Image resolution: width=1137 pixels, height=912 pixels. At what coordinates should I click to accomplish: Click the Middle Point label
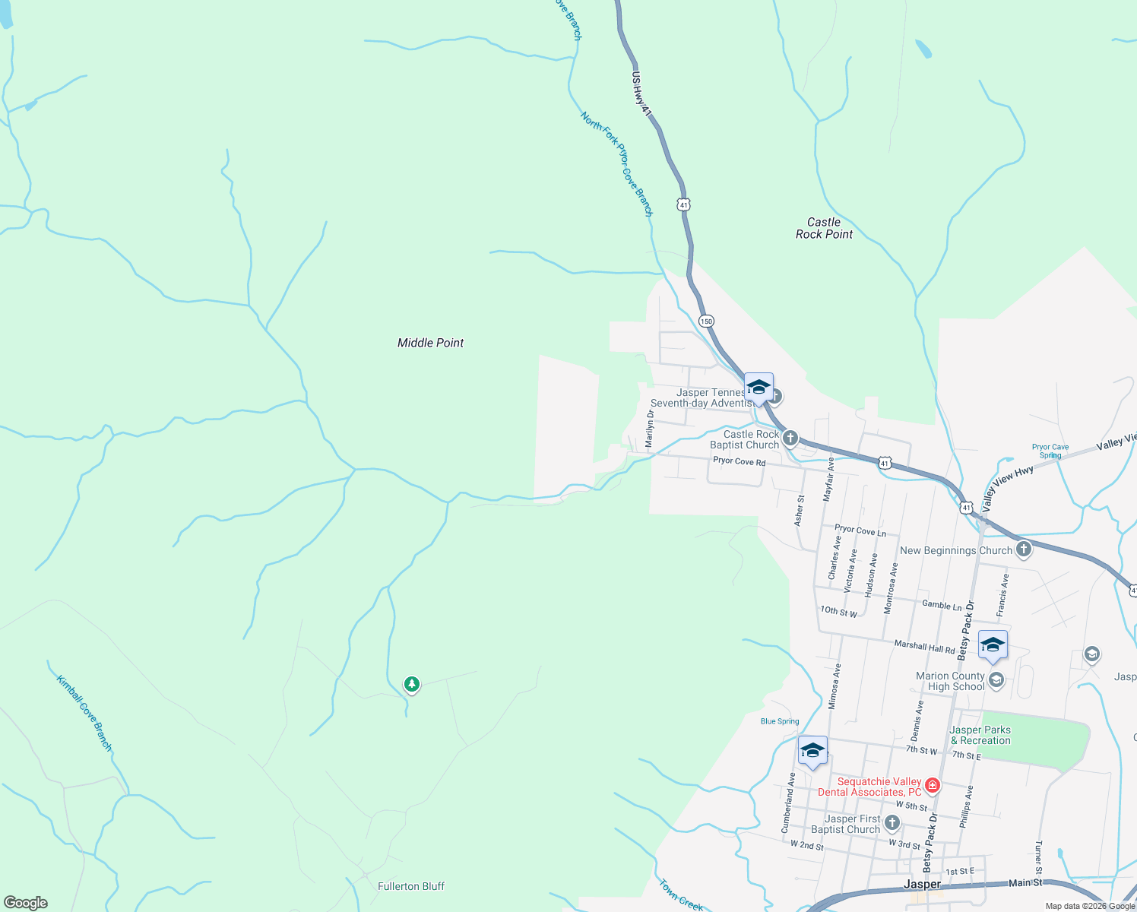tap(430, 343)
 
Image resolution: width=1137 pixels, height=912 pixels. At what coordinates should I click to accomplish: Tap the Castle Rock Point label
tap(824, 228)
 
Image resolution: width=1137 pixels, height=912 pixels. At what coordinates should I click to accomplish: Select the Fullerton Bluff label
tap(410, 886)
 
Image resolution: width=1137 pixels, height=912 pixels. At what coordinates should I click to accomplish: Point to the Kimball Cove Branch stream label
tap(84, 713)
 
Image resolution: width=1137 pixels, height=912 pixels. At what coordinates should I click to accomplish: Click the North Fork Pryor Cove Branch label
tap(616, 164)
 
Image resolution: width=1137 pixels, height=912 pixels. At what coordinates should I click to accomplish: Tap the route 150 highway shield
tap(706, 321)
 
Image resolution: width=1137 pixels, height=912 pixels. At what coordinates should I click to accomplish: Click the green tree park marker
tap(411, 684)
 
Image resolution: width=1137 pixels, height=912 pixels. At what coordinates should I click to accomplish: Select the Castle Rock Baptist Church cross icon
tap(790, 438)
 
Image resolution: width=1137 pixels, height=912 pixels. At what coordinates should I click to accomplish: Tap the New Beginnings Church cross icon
tap(1024, 549)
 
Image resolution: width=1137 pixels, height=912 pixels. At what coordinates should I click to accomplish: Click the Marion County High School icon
tap(996, 679)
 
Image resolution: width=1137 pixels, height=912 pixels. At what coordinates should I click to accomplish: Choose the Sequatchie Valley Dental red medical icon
tap(933, 784)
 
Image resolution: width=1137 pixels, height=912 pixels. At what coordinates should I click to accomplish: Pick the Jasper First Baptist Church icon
tap(892, 822)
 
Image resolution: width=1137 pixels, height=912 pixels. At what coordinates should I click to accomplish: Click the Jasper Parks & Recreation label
tap(980, 735)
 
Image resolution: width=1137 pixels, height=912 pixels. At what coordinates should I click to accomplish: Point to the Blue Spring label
tap(780, 721)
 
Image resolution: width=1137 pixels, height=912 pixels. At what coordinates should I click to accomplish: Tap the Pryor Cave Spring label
tap(1050, 451)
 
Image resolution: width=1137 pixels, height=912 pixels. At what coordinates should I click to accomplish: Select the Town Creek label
tap(681, 895)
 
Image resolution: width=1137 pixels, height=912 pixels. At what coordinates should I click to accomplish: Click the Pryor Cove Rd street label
tap(739, 461)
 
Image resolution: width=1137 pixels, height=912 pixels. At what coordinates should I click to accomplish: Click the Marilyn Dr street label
tap(650, 429)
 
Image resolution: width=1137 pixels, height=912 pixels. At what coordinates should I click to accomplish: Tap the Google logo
tap(26, 903)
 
